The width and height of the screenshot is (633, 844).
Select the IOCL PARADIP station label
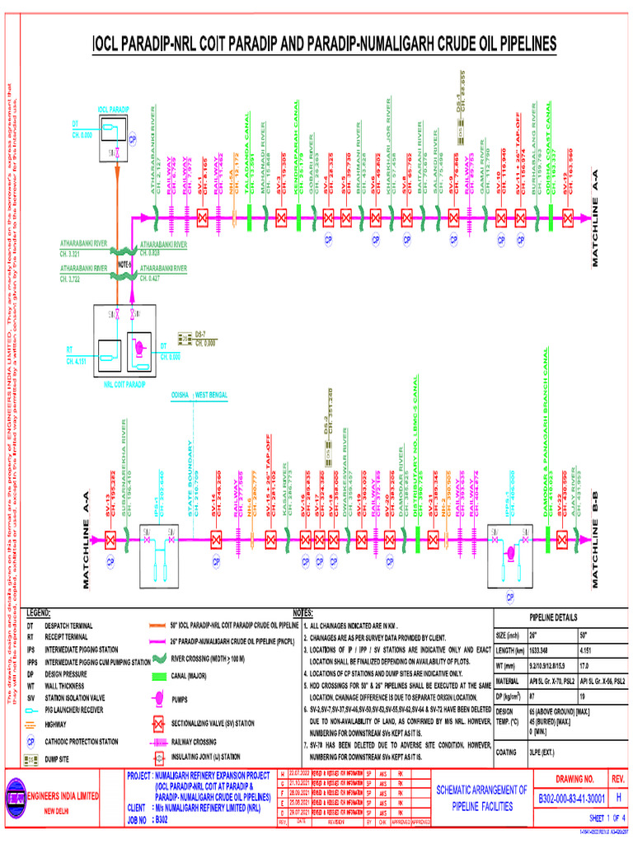113,109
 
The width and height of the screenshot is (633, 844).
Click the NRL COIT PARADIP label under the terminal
124,384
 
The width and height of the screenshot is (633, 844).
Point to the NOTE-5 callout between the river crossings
124,264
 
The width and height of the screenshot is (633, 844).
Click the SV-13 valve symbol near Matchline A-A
110,540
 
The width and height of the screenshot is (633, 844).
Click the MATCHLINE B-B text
595,528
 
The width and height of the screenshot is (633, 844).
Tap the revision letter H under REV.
618,798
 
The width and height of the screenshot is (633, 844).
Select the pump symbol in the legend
156,700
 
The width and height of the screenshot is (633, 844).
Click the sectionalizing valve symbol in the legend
156,722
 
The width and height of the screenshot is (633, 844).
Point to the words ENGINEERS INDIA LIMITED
63,796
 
